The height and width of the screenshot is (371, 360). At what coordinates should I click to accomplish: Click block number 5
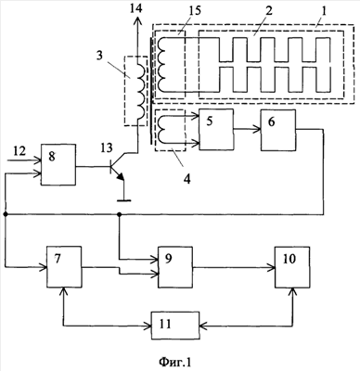tap(216, 130)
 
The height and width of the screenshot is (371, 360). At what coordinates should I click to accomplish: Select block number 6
tap(278, 130)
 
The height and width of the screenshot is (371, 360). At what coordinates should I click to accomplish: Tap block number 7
tap(64, 266)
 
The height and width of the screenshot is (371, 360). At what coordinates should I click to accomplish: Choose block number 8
tap(58, 165)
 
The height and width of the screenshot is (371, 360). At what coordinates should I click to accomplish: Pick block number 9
tap(175, 267)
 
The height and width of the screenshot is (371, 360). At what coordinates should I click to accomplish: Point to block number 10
tap(292, 267)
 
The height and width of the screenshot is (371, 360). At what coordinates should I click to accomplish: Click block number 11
tap(175, 326)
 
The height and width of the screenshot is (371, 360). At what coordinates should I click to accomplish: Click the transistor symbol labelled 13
tap(118, 168)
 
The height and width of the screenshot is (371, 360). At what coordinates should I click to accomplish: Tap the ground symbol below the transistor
tap(123, 200)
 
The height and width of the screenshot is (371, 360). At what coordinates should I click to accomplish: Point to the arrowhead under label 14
tap(137, 21)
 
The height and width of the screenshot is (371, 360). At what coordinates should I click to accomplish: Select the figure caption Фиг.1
tap(175, 362)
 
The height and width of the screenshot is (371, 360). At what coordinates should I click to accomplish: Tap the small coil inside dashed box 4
tap(161, 130)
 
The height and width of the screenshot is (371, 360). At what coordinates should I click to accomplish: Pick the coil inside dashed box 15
tap(161, 65)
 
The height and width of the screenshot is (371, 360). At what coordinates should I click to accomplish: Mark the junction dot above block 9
tap(120, 214)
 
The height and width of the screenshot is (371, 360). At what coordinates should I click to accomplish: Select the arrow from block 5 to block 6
tap(247, 130)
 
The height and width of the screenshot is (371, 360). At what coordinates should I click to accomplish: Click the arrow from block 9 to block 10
tap(234, 267)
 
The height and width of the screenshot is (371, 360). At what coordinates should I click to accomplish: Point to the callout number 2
tap(269, 12)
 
